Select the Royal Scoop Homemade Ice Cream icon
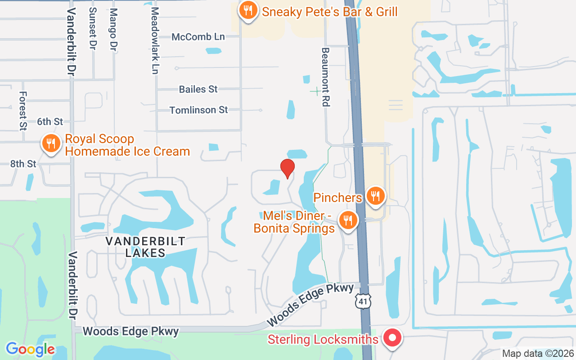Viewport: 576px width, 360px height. (x=51, y=144)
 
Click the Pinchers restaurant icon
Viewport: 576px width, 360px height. (x=375, y=196)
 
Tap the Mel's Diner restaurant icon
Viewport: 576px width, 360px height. (x=347, y=220)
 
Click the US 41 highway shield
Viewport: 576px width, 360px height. (x=362, y=301)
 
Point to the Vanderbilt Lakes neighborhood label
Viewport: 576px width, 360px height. (x=145, y=247)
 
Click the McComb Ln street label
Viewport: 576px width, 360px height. (x=198, y=37)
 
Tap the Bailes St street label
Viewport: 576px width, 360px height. (x=198, y=89)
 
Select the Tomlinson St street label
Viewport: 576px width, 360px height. (x=198, y=110)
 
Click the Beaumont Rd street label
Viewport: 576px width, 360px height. (x=325, y=77)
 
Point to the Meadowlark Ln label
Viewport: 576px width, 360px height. (x=155, y=40)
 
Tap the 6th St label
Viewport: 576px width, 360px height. (x=50, y=121)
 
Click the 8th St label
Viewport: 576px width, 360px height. (x=23, y=164)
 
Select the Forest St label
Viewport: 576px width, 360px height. (x=23, y=111)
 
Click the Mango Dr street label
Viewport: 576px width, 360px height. (x=113, y=29)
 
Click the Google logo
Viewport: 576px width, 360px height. (x=30, y=349)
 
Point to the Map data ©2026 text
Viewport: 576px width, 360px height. (x=538, y=354)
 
